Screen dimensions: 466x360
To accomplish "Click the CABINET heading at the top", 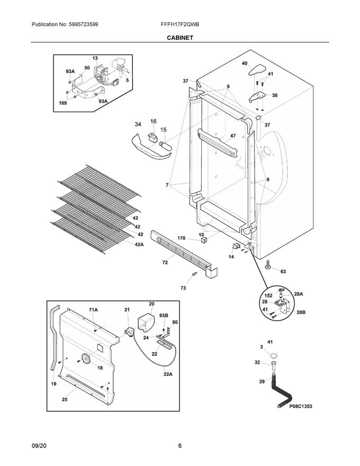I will pos(179,38).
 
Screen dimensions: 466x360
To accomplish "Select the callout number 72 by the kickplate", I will pos(165,262).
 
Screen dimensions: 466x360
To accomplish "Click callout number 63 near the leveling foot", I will pos(283,272).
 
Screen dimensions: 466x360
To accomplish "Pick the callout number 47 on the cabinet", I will pos(232,136).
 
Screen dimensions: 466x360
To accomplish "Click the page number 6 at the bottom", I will pos(179,446).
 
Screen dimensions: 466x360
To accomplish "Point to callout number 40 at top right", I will pos(244,63).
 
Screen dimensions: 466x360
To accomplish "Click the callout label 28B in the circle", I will pos(301,312).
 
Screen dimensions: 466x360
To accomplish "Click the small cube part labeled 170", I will pos(203,241).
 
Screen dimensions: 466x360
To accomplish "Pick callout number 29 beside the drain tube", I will pos(262,381).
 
